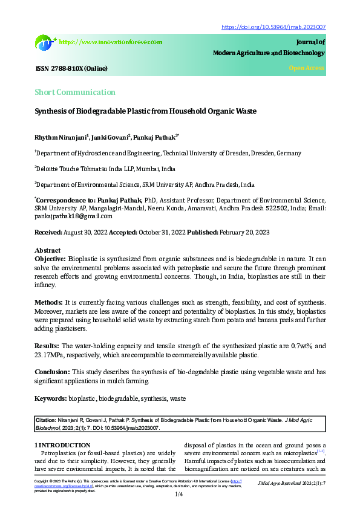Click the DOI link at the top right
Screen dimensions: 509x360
pyautogui.click(x=274, y=27)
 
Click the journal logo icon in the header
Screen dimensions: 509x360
pyautogui.click(x=45, y=42)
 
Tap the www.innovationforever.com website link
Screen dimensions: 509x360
pyautogui.click(x=111, y=42)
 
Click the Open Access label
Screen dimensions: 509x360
pyautogui.click(x=307, y=68)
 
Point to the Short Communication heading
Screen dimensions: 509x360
pyautogui.click(x=74, y=92)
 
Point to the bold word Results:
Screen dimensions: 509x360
pyautogui.click(x=48, y=346)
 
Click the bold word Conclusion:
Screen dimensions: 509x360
pyautogui.click(x=52, y=372)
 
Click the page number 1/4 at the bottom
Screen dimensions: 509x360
pyautogui.click(x=180, y=494)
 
